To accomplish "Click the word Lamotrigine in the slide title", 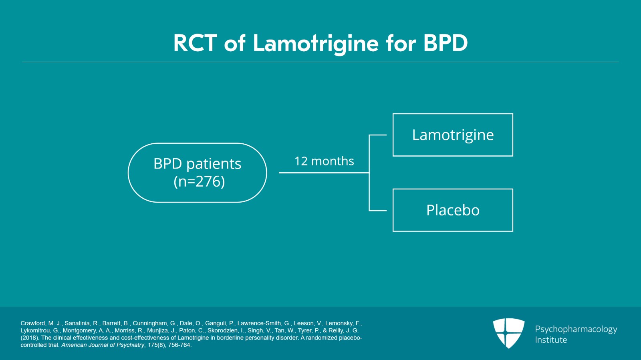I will pos(315,43).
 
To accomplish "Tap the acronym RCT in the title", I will pos(195,43).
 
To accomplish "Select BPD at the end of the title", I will pos(445,43).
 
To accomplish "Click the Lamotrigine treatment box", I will pos(453,135).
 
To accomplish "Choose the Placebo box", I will pos(453,210).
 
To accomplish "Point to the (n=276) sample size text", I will pos(199,181).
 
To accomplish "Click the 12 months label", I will pos(324,161).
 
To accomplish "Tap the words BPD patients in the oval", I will pos(197,164).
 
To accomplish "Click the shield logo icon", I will pos(508,333).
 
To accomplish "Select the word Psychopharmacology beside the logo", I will pos(576,329).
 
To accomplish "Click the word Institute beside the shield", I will pos(551,340).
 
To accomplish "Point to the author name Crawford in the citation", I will pos(33,323).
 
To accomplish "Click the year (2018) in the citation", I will pos(30,338).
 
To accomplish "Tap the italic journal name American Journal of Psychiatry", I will pos(103,345).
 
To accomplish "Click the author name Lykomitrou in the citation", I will pos(36,330).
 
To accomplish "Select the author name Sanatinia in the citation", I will pos(77,323).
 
